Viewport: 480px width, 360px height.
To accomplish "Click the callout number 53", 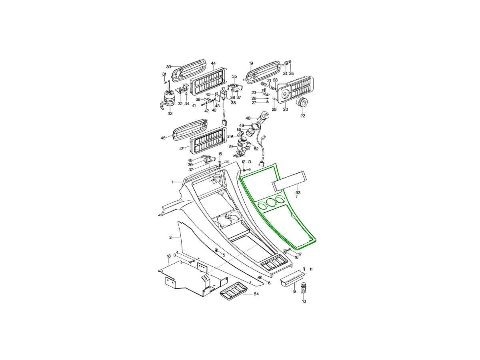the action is pyautogui.click(x=298, y=192).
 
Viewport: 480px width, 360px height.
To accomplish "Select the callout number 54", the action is pyautogui.click(x=256, y=294).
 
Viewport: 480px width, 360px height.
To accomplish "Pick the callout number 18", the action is pyautogui.click(x=169, y=256).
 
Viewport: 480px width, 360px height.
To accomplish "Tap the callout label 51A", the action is pyautogui.click(x=230, y=136).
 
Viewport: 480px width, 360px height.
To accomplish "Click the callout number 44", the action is pyautogui.click(x=213, y=63).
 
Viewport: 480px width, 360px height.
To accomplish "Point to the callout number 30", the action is pyautogui.click(x=168, y=67).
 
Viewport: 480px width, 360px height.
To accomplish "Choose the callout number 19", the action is pyautogui.click(x=251, y=63).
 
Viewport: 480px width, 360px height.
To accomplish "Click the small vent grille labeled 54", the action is pyautogui.click(x=233, y=293).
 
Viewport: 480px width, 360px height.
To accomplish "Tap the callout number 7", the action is pyautogui.click(x=296, y=197).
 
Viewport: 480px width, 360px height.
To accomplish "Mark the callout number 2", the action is pyautogui.click(x=170, y=237).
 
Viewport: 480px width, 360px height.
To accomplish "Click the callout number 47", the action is pyautogui.click(x=181, y=149).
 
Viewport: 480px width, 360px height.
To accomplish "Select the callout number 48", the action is pyautogui.click(x=248, y=118).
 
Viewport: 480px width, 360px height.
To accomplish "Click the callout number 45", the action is pyautogui.click(x=163, y=138).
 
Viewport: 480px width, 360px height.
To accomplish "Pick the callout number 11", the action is pyautogui.click(x=311, y=269).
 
